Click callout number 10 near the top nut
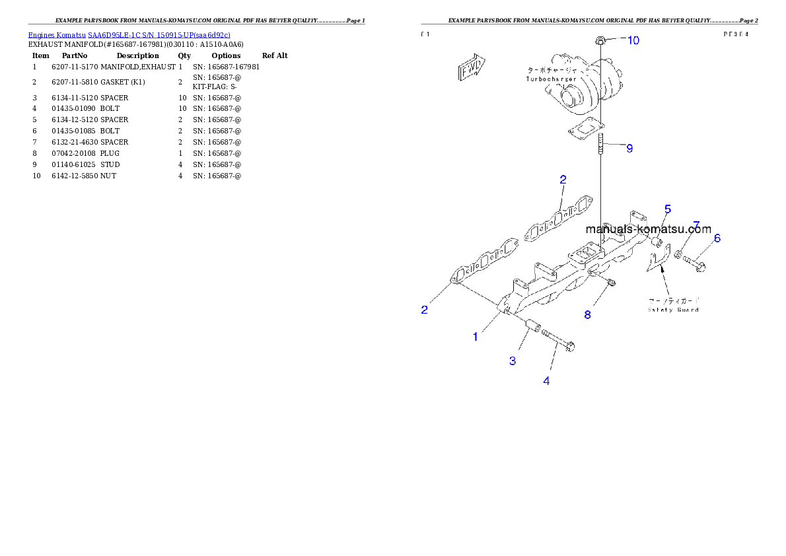(633, 40)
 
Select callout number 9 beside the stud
(629, 149)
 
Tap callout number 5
(668, 209)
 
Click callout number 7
(696, 225)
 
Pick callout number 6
(717, 238)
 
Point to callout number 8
(587, 315)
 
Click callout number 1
(475, 337)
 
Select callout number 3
(512, 361)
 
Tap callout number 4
(546, 380)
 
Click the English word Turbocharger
(552, 79)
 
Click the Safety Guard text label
(673, 309)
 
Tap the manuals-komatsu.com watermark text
(648, 230)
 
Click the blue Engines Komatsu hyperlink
(129, 35)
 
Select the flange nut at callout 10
(600, 41)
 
